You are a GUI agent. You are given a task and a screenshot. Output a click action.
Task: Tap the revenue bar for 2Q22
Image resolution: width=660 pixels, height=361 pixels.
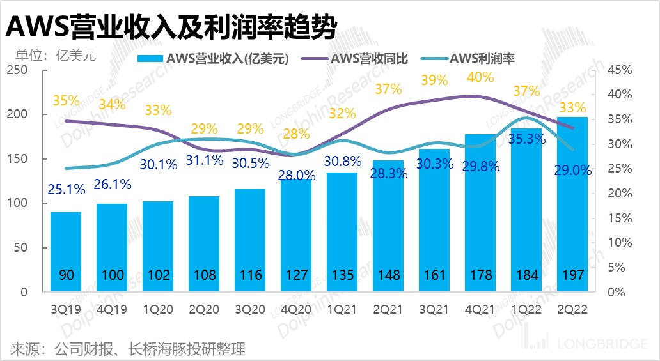pyautogui.click(x=572, y=204)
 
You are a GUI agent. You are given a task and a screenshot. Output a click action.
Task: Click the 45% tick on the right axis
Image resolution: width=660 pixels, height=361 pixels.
pyautogui.click(x=620, y=70)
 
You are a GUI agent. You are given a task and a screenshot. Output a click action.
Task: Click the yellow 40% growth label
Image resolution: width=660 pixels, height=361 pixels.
pyautogui.click(x=480, y=77)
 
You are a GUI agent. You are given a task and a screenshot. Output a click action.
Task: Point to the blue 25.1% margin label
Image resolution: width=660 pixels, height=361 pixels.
pyautogui.click(x=66, y=190)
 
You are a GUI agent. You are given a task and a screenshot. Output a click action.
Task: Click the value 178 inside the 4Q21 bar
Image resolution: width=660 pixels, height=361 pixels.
pyautogui.click(x=480, y=275)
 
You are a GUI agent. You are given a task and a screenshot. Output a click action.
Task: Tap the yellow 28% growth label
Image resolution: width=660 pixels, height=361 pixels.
pyautogui.click(x=296, y=134)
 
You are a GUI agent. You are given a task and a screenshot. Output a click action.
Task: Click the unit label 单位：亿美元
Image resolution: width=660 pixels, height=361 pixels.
pyautogui.click(x=51, y=56)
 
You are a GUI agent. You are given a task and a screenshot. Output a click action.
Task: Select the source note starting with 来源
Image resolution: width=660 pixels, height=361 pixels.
pyautogui.click(x=128, y=349)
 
